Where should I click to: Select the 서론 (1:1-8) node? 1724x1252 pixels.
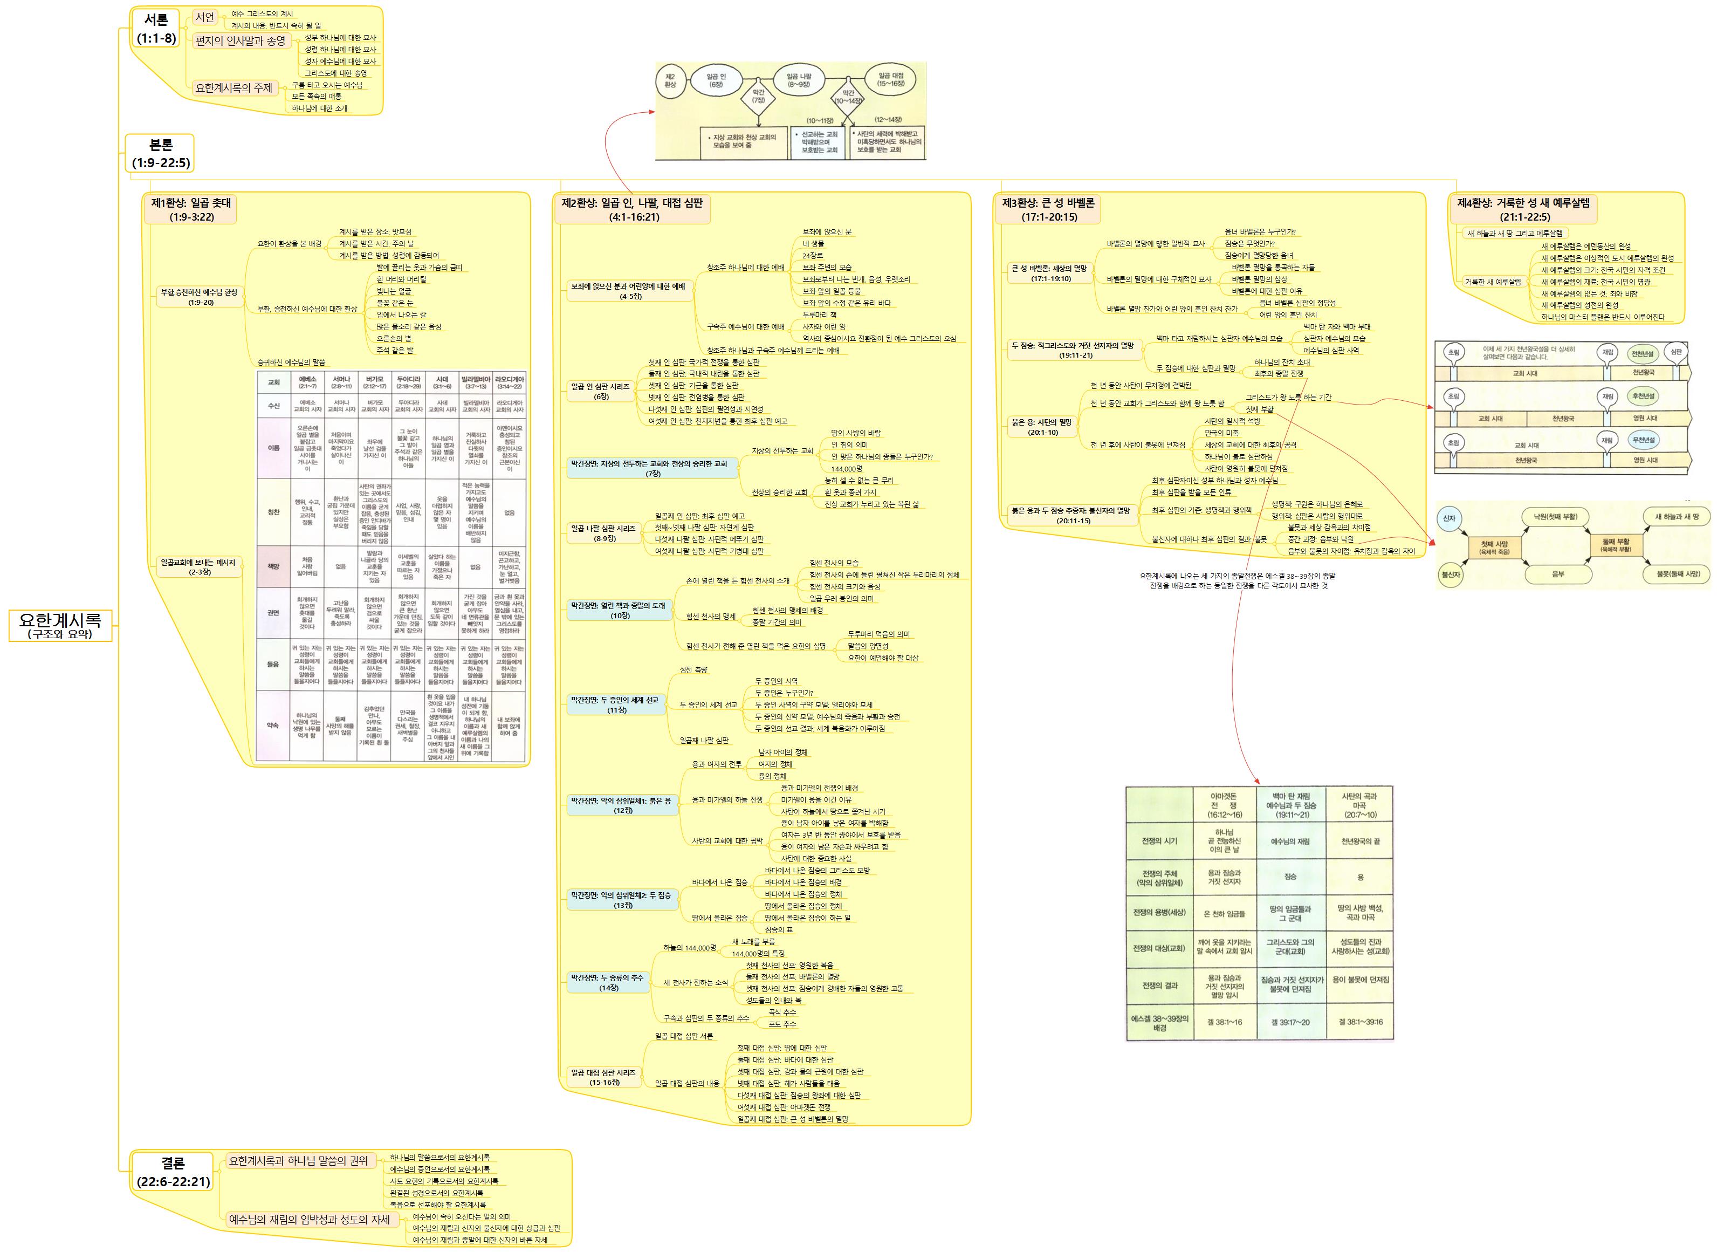click(x=156, y=28)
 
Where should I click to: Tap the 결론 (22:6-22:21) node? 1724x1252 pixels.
click(x=173, y=1172)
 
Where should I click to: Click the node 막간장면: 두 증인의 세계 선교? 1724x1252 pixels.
click(x=615, y=704)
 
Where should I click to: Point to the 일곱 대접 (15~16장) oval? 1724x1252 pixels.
click(x=891, y=80)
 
